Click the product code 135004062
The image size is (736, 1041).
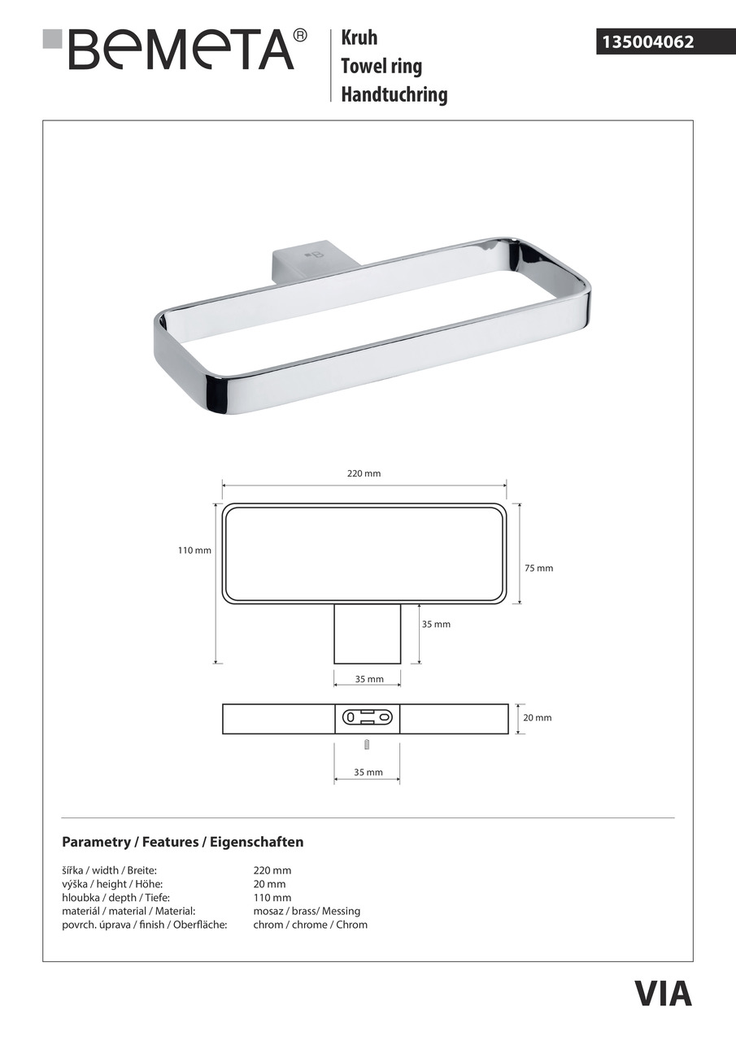coord(647,41)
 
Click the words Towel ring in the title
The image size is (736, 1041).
coord(381,66)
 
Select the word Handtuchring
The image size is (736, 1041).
coord(394,94)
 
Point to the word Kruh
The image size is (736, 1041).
coord(359,38)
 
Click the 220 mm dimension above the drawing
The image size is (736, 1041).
coord(364,473)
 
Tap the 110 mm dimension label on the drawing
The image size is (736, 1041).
coord(194,551)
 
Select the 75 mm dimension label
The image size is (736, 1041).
coord(538,568)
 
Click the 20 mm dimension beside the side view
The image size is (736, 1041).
coord(538,718)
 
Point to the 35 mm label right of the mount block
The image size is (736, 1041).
coord(436,625)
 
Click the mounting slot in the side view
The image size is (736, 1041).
coord(368,718)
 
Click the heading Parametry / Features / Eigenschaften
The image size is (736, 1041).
coord(182,842)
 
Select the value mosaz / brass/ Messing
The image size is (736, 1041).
coord(307,911)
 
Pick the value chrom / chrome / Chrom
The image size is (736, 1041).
coord(310,925)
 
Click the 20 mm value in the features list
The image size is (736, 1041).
coord(269,884)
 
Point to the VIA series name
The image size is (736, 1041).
coord(663,994)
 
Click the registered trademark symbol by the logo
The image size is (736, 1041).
coord(300,35)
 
